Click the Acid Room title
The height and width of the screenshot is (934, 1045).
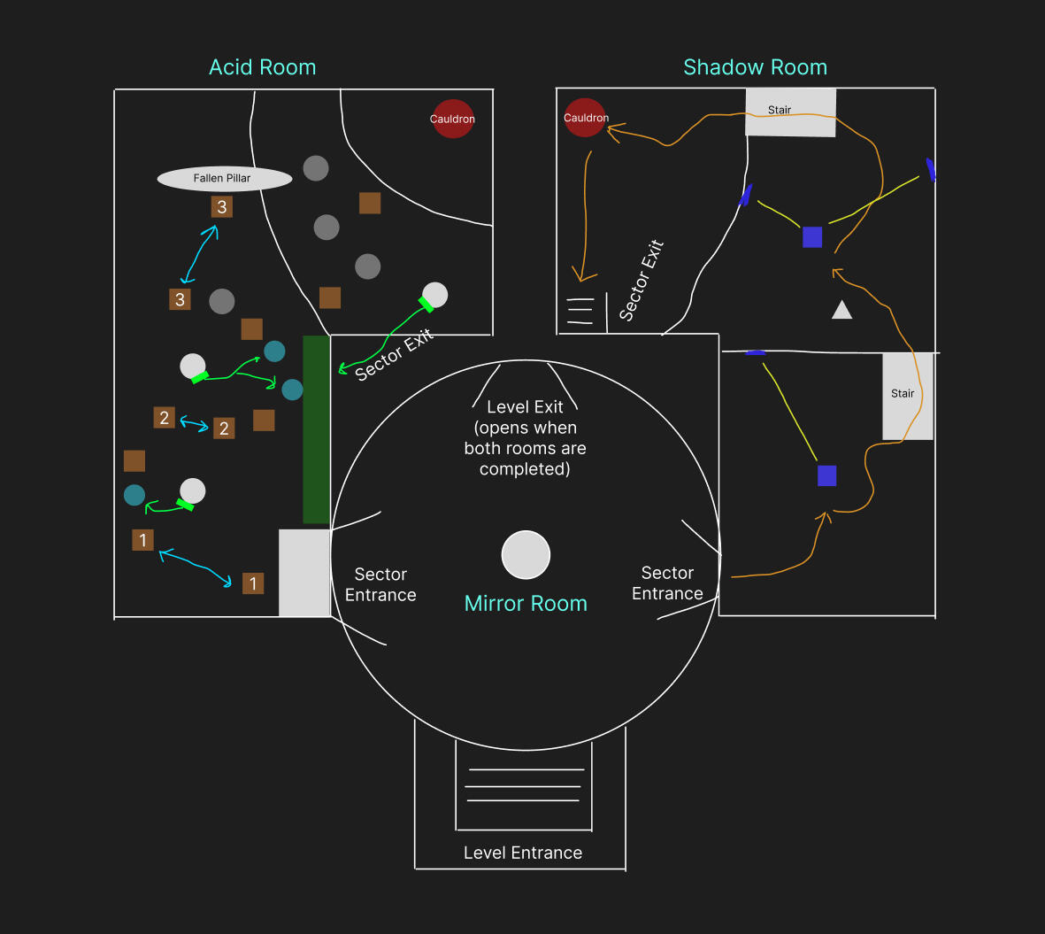coord(263,67)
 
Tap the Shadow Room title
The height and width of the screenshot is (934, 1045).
coord(755,67)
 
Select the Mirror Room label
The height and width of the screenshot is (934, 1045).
coord(526,603)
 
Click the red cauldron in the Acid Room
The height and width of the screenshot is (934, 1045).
coord(453,119)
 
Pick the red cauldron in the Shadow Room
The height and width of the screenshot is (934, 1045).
coord(585,118)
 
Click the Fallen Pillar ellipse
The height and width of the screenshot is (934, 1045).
coord(225,179)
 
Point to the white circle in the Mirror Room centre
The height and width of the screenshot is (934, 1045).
coord(526,555)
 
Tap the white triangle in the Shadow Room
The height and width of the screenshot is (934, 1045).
coord(841,310)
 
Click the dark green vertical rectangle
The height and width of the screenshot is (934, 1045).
coord(317,429)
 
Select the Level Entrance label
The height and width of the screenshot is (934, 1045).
coord(523,853)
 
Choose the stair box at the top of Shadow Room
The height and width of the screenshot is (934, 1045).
coord(790,112)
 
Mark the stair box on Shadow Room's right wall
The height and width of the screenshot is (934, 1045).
coord(908,396)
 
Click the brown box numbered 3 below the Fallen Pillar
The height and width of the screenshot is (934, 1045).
coord(222,206)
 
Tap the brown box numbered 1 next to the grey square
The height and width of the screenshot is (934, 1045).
coord(253,583)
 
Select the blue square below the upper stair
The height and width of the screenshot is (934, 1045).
coord(812,236)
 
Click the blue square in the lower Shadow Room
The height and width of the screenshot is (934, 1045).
coord(827,475)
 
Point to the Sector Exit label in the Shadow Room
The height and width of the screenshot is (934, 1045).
coord(642,280)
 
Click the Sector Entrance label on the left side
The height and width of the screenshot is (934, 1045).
coord(380,584)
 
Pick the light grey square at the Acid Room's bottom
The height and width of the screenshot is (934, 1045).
coord(304,573)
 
